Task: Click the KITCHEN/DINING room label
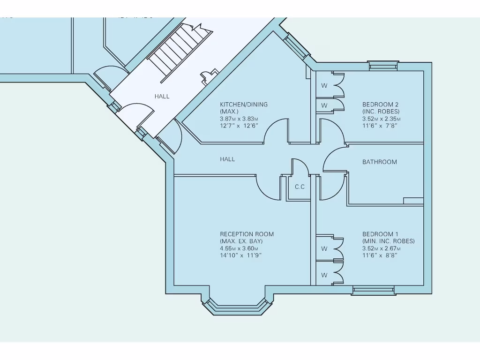pos(244,105)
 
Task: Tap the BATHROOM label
pos(379,162)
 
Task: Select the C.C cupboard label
pos(300,187)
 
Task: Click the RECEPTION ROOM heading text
pos(247,234)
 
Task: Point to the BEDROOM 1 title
pos(380,234)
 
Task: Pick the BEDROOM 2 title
pos(380,105)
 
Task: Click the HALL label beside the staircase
pos(162,97)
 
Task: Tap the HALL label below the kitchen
pos(227,159)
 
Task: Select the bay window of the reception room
pos(237,307)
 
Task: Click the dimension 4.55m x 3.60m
pos(239,248)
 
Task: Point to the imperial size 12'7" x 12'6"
pos(239,126)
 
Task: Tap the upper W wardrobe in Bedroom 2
pos(324,86)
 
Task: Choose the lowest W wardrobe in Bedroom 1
pos(324,275)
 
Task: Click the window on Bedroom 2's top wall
pos(382,66)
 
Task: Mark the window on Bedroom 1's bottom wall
pos(373,291)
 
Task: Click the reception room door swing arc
pos(267,189)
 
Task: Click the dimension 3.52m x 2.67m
pos(381,248)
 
